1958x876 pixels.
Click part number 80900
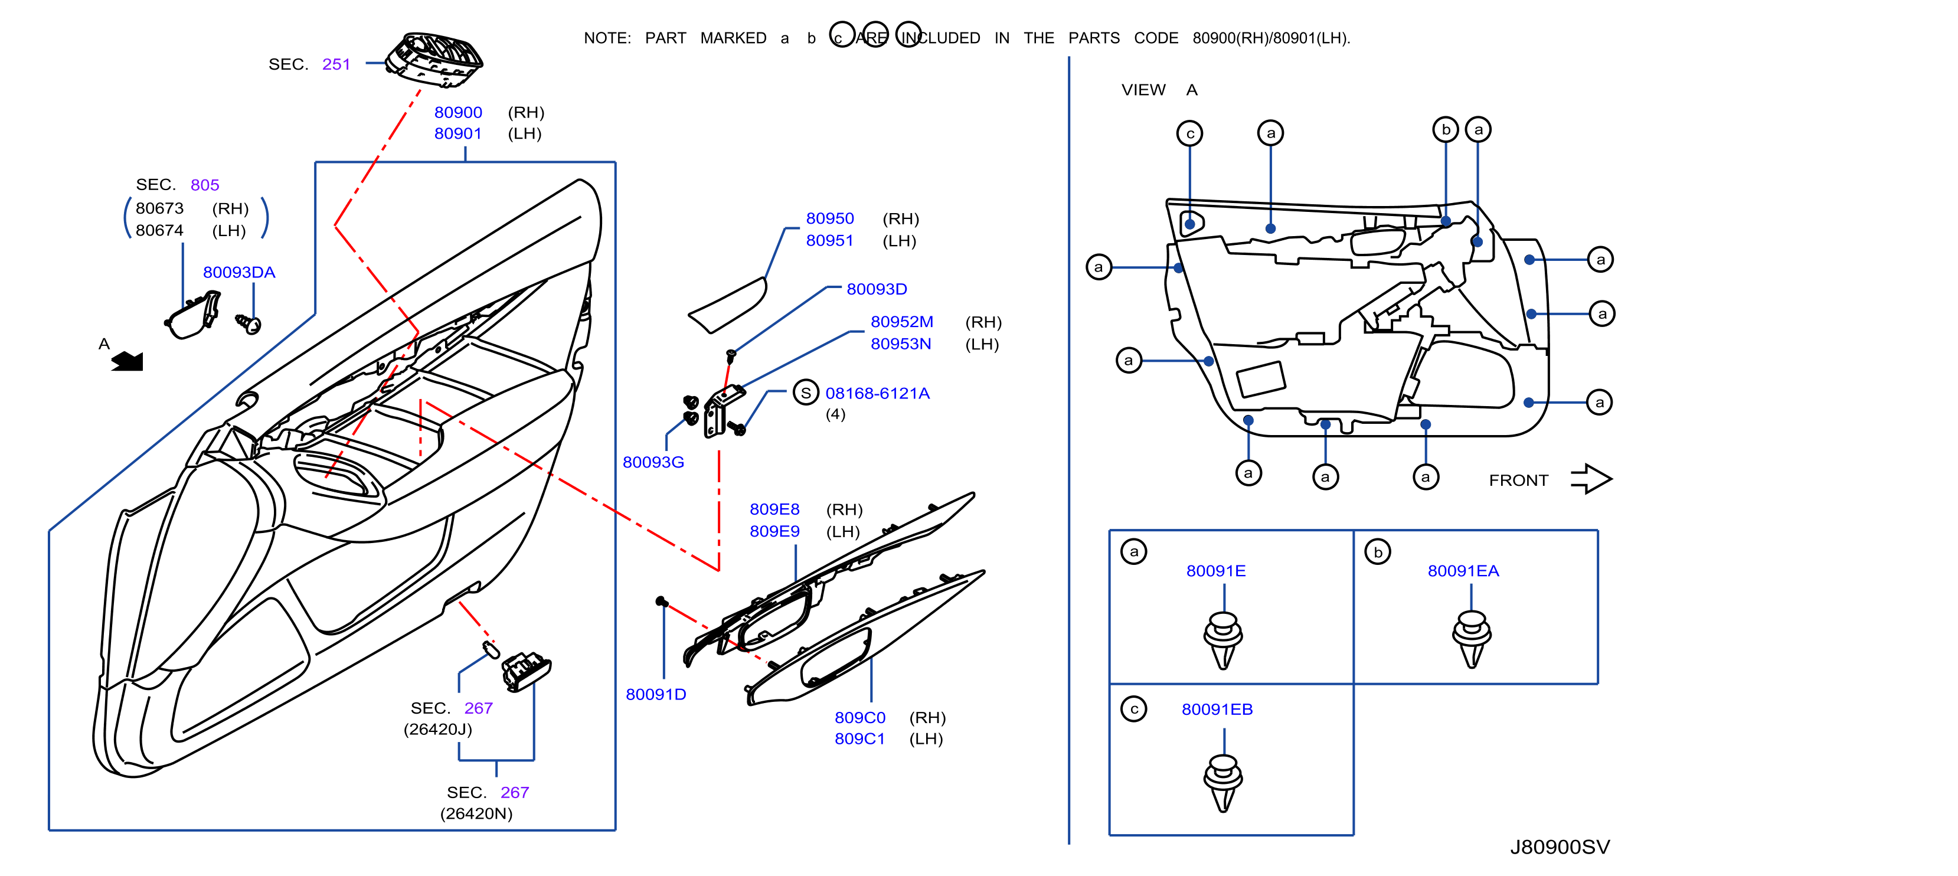(457, 113)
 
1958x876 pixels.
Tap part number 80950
(830, 219)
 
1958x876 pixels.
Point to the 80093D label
(877, 289)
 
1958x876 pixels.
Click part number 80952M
(901, 322)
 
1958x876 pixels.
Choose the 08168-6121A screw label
(877, 393)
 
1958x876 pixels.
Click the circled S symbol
(806, 393)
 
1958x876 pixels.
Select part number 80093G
(653, 462)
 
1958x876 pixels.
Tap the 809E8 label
(774, 509)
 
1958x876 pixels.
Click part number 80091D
(655, 694)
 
